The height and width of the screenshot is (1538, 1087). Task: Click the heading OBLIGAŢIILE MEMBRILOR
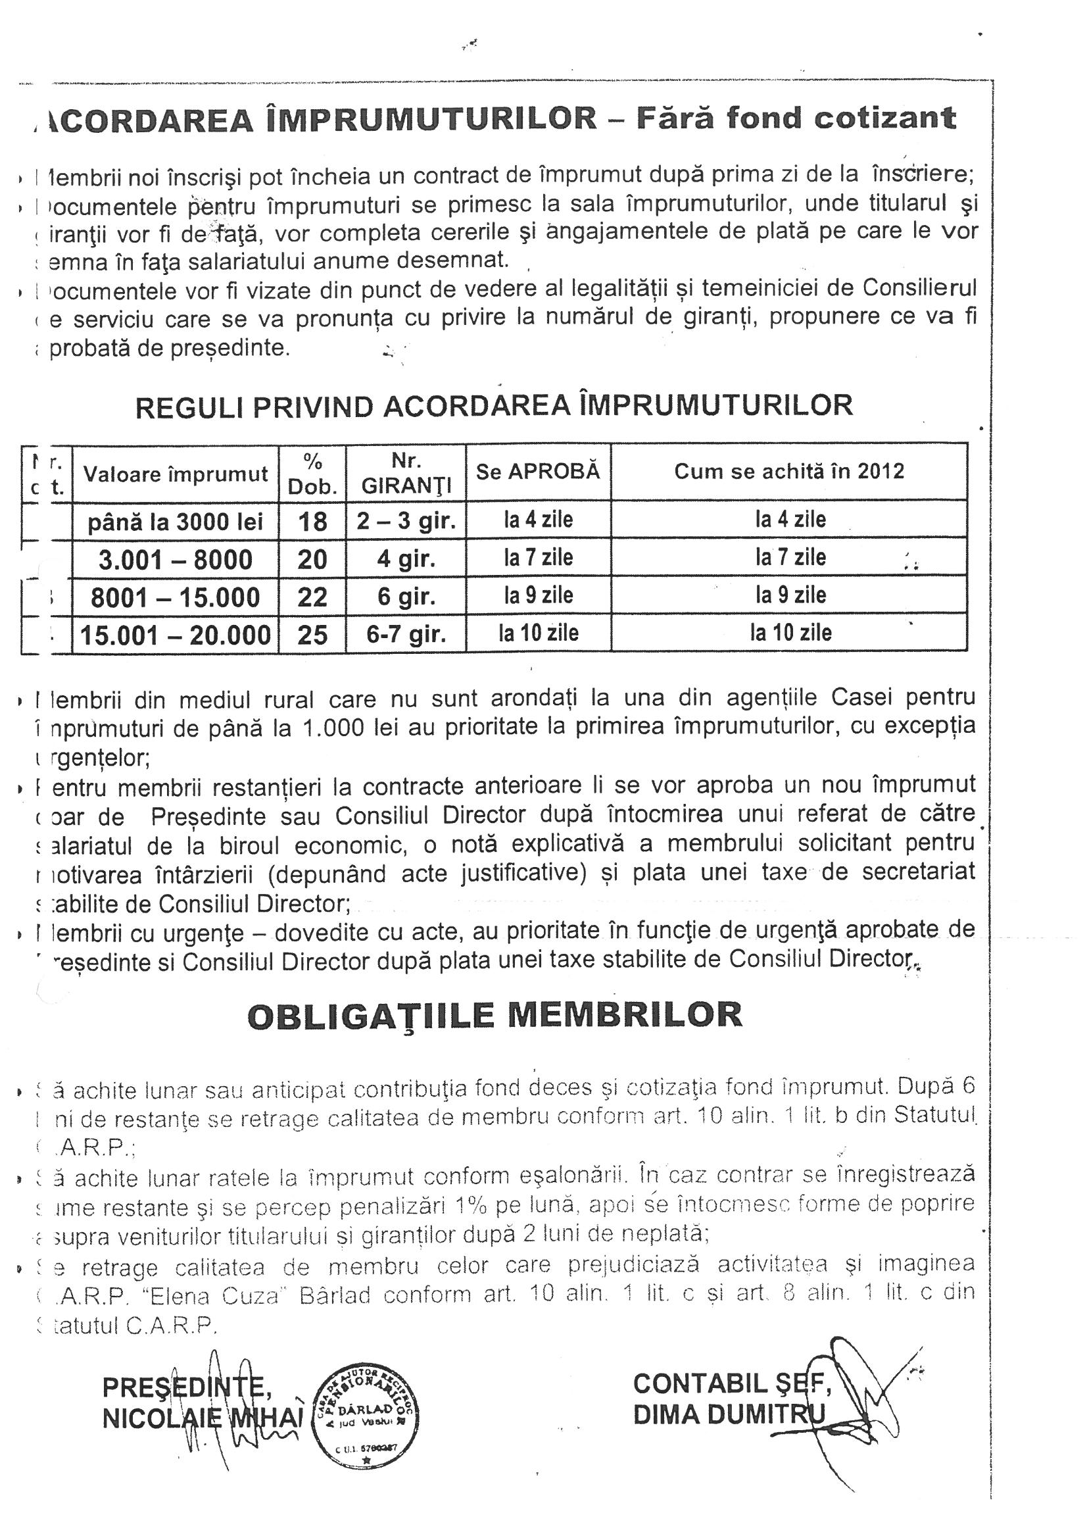(495, 1016)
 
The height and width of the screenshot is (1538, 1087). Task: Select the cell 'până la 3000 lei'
(176, 521)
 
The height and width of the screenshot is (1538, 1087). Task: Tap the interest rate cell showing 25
(312, 633)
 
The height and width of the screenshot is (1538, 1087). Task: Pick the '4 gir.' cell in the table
(406, 558)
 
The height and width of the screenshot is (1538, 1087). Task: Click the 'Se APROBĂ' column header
(538, 472)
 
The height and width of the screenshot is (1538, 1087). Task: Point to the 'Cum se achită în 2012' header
(788, 472)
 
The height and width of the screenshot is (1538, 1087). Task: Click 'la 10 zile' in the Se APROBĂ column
(538, 633)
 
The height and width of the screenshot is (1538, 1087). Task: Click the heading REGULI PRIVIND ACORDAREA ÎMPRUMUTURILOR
(495, 406)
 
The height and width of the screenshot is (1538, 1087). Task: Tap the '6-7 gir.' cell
(406, 633)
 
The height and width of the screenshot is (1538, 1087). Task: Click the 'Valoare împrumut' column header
(176, 474)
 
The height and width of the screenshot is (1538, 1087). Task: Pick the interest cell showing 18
(312, 521)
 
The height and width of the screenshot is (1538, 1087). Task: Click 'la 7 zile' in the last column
(790, 557)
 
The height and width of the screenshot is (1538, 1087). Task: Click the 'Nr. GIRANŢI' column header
(406, 473)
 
